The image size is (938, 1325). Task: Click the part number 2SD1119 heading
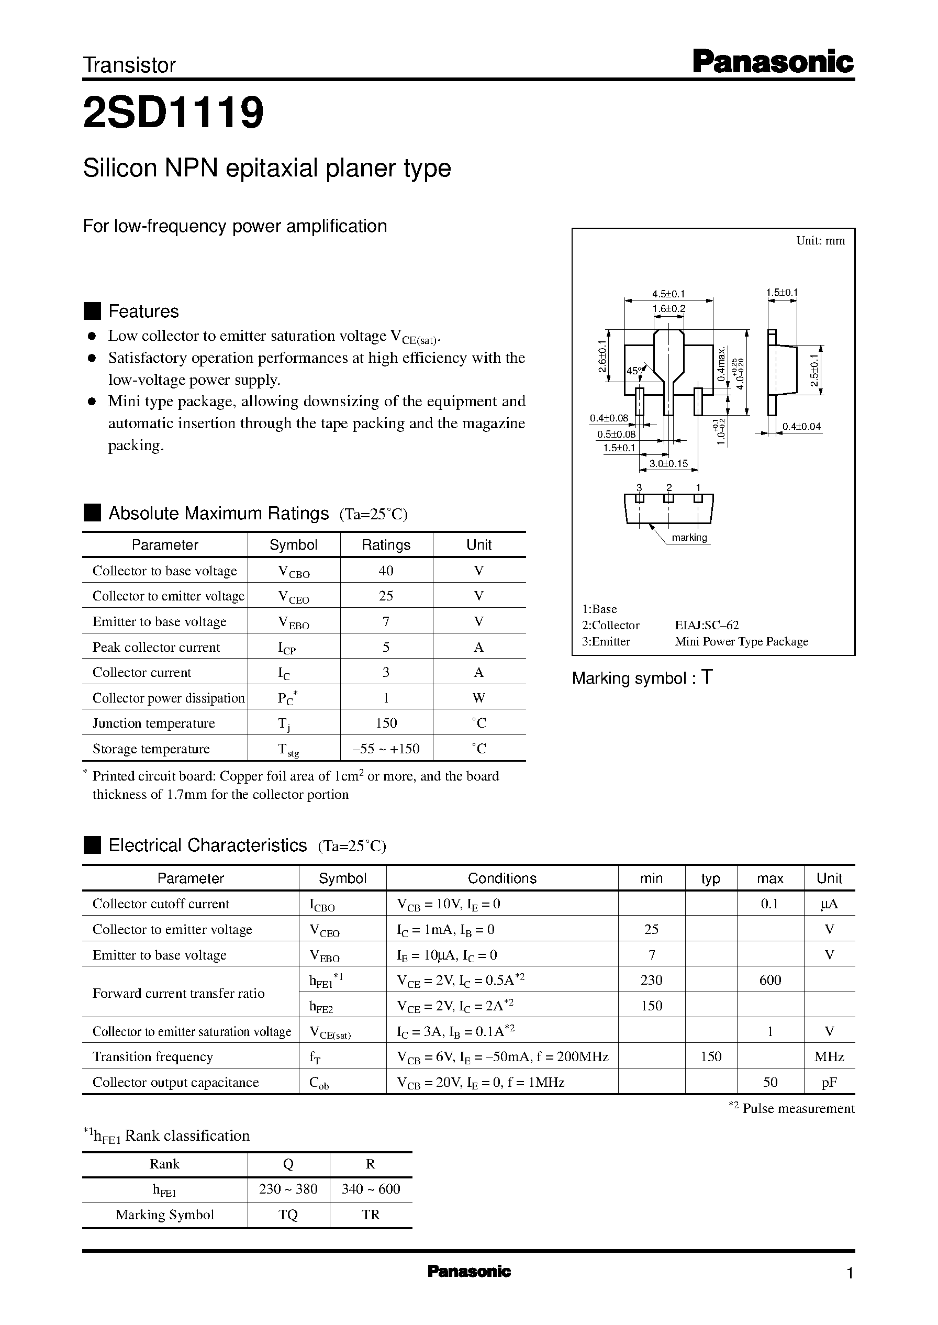[x=173, y=113]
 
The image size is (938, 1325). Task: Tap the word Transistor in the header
[x=129, y=66]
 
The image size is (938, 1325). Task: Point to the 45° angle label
[x=633, y=371]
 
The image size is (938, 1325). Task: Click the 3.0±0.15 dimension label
[x=668, y=463]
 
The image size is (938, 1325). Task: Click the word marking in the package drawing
[x=689, y=538]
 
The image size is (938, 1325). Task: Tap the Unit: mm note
[x=820, y=241]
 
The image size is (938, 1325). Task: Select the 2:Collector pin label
[x=610, y=625]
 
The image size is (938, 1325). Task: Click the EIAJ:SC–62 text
[x=707, y=625]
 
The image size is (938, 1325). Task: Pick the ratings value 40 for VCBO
[x=386, y=571]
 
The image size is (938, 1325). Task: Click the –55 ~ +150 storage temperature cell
[x=386, y=749]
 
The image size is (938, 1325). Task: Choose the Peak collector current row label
[x=156, y=647]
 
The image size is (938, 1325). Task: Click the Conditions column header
[x=501, y=878]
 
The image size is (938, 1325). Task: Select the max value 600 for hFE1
[x=770, y=980]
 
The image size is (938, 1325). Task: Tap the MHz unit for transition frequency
[x=829, y=1056]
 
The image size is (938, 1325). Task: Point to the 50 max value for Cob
[x=770, y=1082]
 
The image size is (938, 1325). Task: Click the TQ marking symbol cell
[x=288, y=1215]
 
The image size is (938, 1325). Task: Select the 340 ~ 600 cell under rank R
[x=370, y=1189]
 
